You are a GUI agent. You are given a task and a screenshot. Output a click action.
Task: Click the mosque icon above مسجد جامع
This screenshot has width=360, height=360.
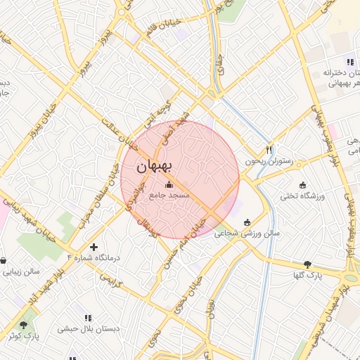click(x=167, y=186)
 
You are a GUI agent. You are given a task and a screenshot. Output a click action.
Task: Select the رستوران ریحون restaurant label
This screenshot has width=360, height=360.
click(x=267, y=160)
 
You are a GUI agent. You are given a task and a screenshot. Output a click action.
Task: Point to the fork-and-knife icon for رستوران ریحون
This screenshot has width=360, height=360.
click(x=268, y=150)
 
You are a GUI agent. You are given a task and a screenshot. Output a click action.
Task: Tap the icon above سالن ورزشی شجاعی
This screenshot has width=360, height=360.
click(x=247, y=223)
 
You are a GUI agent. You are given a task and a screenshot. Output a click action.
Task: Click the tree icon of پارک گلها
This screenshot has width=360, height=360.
click(x=307, y=264)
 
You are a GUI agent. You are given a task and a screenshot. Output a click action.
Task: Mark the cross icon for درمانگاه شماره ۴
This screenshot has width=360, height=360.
click(x=94, y=247)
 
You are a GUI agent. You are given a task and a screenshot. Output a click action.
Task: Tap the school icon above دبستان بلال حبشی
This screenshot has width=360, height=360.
click(x=88, y=318)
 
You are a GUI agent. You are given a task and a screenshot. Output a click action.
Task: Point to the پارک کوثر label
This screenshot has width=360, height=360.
click(x=25, y=335)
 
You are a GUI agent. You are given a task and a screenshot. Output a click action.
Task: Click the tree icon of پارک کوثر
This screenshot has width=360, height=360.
click(x=25, y=325)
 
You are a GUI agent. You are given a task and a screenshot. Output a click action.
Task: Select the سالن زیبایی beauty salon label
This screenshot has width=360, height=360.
click(x=21, y=270)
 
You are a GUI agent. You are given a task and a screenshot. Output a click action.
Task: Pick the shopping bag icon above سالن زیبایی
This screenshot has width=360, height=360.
click(x=4, y=260)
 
